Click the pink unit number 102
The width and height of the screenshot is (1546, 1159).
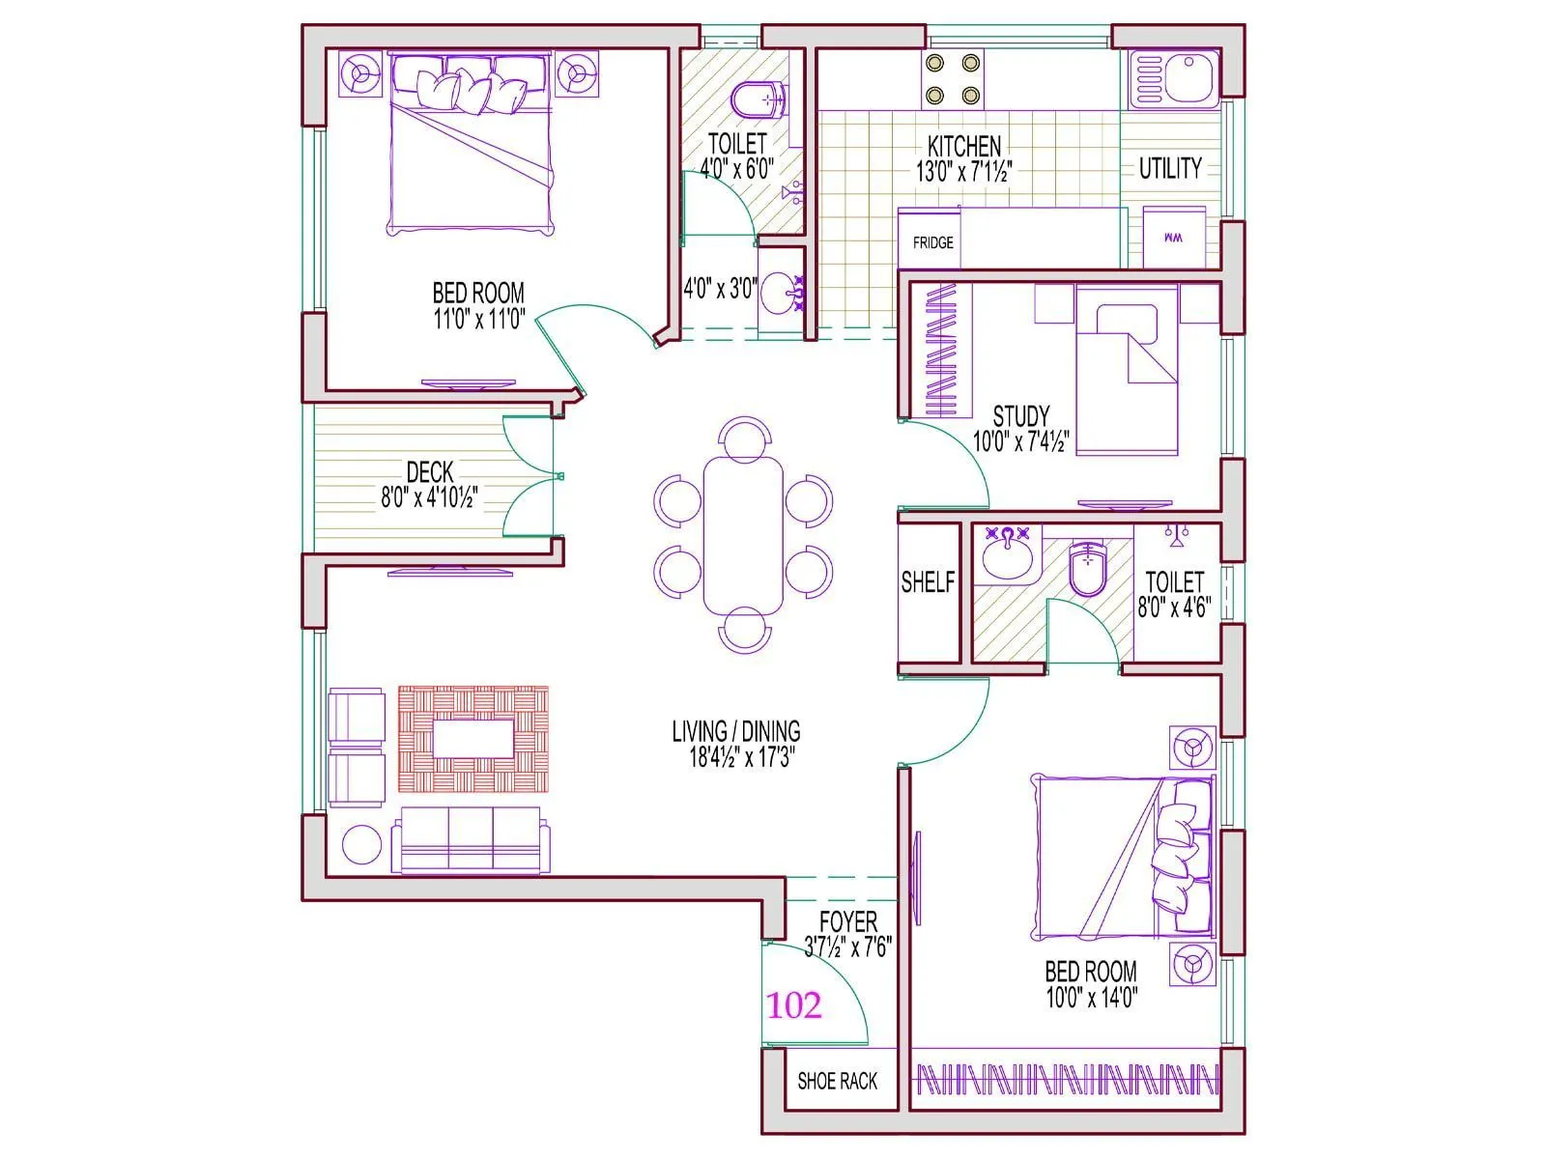794,1005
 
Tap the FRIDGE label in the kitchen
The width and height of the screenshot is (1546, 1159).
932,242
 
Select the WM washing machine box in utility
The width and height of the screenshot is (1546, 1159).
1174,238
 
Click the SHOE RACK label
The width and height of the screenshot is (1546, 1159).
837,1081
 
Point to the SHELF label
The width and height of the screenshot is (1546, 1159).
928,581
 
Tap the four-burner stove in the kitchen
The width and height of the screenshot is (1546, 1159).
953,79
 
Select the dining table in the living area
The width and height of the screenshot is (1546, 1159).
743,534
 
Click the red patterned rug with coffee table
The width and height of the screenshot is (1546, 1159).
473,740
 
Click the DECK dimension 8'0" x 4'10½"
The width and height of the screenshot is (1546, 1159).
429,498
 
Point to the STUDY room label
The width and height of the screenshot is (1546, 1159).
1021,416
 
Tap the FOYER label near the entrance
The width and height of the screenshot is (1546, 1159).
848,921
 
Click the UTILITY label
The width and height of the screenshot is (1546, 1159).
1169,168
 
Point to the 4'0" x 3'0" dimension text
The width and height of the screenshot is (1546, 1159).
719,288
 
